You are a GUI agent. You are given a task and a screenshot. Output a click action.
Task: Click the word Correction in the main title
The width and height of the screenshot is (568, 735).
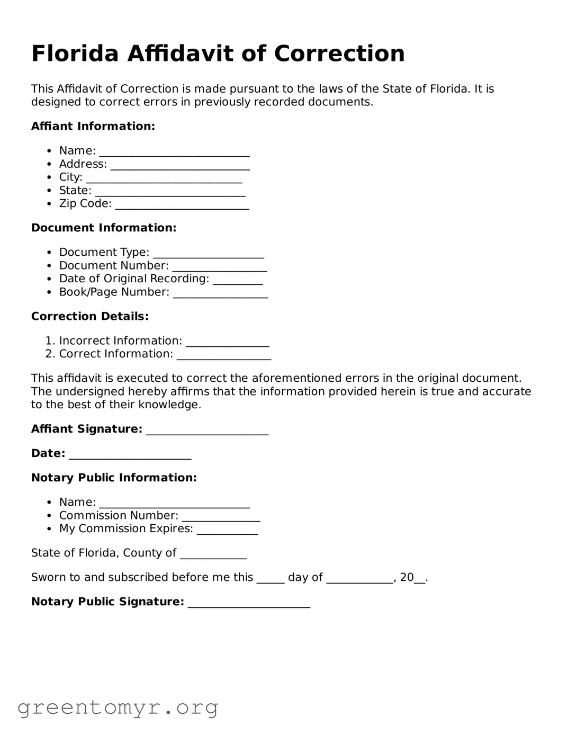click(x=339, y=53)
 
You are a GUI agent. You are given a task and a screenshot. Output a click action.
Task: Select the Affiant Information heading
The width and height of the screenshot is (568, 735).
click(x=93, y=126)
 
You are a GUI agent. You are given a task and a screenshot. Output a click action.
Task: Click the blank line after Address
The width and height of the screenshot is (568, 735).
click(x=180, y=165)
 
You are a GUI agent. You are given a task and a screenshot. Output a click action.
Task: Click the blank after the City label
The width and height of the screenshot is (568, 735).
click(x=164, y=178)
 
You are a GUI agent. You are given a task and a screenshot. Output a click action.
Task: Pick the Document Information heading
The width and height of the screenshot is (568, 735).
click(x=103, y=228)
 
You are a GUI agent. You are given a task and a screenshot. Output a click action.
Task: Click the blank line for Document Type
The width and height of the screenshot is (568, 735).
click(x=208, y=254)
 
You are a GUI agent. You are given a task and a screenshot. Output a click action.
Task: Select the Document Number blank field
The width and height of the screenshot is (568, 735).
click(x=219, y=267)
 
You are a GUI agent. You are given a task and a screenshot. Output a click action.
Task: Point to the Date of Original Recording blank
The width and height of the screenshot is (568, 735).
click(x=238, y=280)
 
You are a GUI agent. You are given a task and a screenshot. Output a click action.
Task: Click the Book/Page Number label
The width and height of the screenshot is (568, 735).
click(x=114, y=292)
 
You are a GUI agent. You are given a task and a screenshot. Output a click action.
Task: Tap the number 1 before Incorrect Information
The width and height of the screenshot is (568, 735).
click(x=49, y=340)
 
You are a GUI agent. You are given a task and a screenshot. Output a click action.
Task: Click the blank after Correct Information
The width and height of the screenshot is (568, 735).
click(x=223, y=355)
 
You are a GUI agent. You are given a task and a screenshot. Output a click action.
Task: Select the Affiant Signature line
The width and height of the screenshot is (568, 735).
click(x=207, y=431)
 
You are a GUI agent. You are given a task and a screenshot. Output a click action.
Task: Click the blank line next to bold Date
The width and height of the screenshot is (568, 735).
click(x=130, y=455)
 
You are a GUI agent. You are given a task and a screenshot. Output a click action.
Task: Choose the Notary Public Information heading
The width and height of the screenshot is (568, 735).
click(x=114, y=478)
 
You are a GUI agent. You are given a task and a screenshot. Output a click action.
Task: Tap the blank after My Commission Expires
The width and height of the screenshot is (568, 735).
click(x=227, y=530)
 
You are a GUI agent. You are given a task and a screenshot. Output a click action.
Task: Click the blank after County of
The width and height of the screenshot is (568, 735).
click(x=213, y=554)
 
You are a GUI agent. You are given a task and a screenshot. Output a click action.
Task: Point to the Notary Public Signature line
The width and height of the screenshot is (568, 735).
click(x=249, y=603)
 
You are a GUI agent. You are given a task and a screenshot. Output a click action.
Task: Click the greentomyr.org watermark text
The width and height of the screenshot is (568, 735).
click(x=118, y=707)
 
